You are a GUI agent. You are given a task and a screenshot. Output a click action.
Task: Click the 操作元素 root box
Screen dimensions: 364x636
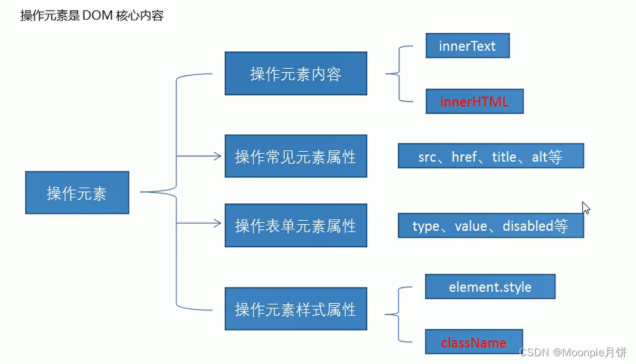pos(76,192)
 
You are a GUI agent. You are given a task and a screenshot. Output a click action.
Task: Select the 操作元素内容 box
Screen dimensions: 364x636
pos(296,74)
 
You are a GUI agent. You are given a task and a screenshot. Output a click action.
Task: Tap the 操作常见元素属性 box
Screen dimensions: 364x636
pos(296,156)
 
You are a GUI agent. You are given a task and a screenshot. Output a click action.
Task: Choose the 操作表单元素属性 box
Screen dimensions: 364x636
pos(296,225)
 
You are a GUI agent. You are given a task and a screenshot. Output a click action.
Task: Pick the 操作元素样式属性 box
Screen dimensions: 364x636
pos(296,309)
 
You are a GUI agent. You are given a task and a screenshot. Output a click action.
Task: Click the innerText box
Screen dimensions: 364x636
pos(467,46)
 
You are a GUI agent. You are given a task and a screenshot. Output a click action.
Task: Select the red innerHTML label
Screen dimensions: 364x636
pos(474,102)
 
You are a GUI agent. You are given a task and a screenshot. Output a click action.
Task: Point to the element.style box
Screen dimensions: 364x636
pos(490,287)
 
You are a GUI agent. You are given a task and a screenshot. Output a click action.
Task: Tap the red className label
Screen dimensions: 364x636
pos(474,342)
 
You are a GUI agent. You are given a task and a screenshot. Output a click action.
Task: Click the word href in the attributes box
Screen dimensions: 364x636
pos(465,157)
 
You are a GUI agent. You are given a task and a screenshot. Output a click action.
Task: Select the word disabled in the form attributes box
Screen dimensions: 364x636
pos(527,226)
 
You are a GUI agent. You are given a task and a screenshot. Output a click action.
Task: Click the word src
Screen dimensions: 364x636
pos(428,157)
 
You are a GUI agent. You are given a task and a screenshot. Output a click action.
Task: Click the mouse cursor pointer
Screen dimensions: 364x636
pos(586,207)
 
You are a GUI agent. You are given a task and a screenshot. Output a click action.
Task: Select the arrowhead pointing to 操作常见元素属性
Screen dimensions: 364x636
pos(217,156)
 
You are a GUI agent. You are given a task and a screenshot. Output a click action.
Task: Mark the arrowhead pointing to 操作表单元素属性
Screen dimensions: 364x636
pos(217,224)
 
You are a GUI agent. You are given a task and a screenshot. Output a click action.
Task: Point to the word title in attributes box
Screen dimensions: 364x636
pos(504,157)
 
